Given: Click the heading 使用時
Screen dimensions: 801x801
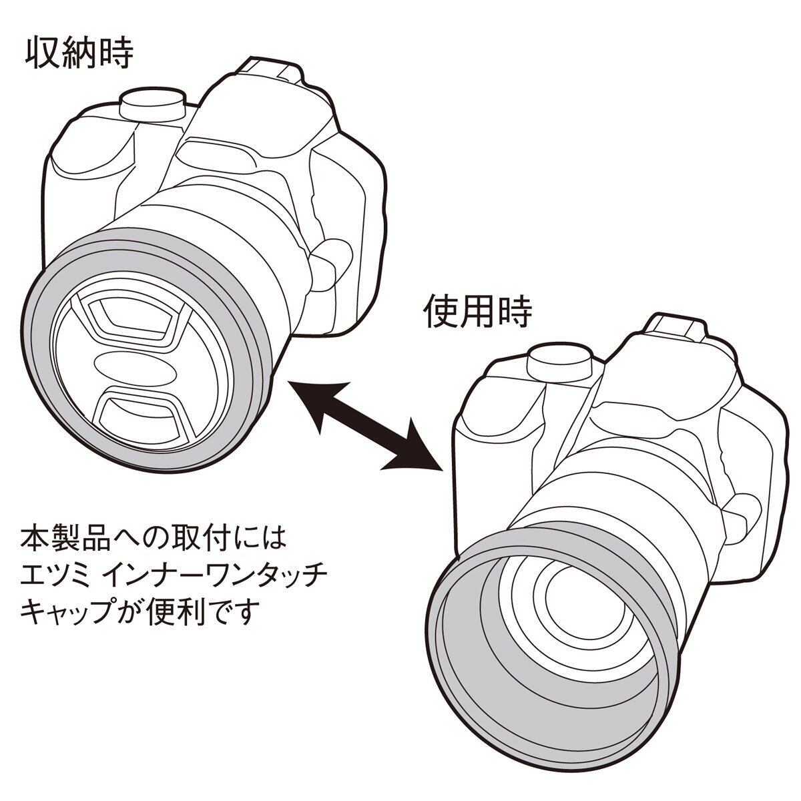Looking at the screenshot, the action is (477, 312).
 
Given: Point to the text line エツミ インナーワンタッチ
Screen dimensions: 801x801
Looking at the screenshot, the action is (174, 582).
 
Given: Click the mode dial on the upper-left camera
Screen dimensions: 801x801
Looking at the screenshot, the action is (152, 105).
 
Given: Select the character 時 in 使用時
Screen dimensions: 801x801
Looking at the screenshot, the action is (515, 312).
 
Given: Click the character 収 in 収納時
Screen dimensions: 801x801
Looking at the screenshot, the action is (41, 55).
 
